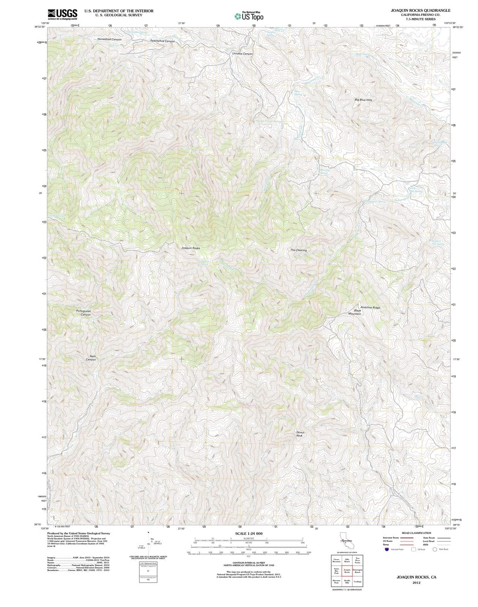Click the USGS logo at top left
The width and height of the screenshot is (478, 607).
pyautogui.click(x=62, y=14)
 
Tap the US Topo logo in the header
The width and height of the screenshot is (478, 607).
pyautogui.click(x=249, y=16)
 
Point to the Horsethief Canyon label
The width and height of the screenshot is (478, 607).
pyautogui.click(x=109, y=39)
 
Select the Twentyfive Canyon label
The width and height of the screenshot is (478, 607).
pyautogui.click(x=162, y=41)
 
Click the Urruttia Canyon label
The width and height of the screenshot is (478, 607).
pyautogui.click(x=242, y=53)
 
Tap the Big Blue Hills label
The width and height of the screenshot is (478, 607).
pyautogui.click(x=363, y=100)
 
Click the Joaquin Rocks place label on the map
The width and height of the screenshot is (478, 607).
pyautogui.click(x=191, y=248)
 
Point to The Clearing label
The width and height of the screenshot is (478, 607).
pyautogui.click(x=298, y=250)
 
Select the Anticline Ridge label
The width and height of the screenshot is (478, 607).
pyautogui.click(x=370, y=307)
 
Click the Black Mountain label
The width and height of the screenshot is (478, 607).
pyautogui.click(x=355, y=312)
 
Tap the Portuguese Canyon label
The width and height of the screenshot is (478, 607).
pyautogui.click(x=84, y=313)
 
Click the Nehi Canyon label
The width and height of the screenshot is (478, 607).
pyautogui.click(x=91, y=358)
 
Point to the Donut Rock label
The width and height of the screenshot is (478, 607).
pyautogui.click(x=300, y=434)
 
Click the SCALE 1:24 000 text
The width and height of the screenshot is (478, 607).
pyautogui.click(x=249, y=533)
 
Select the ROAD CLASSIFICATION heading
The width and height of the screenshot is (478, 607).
pyautogui.click(x=416, y=533)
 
